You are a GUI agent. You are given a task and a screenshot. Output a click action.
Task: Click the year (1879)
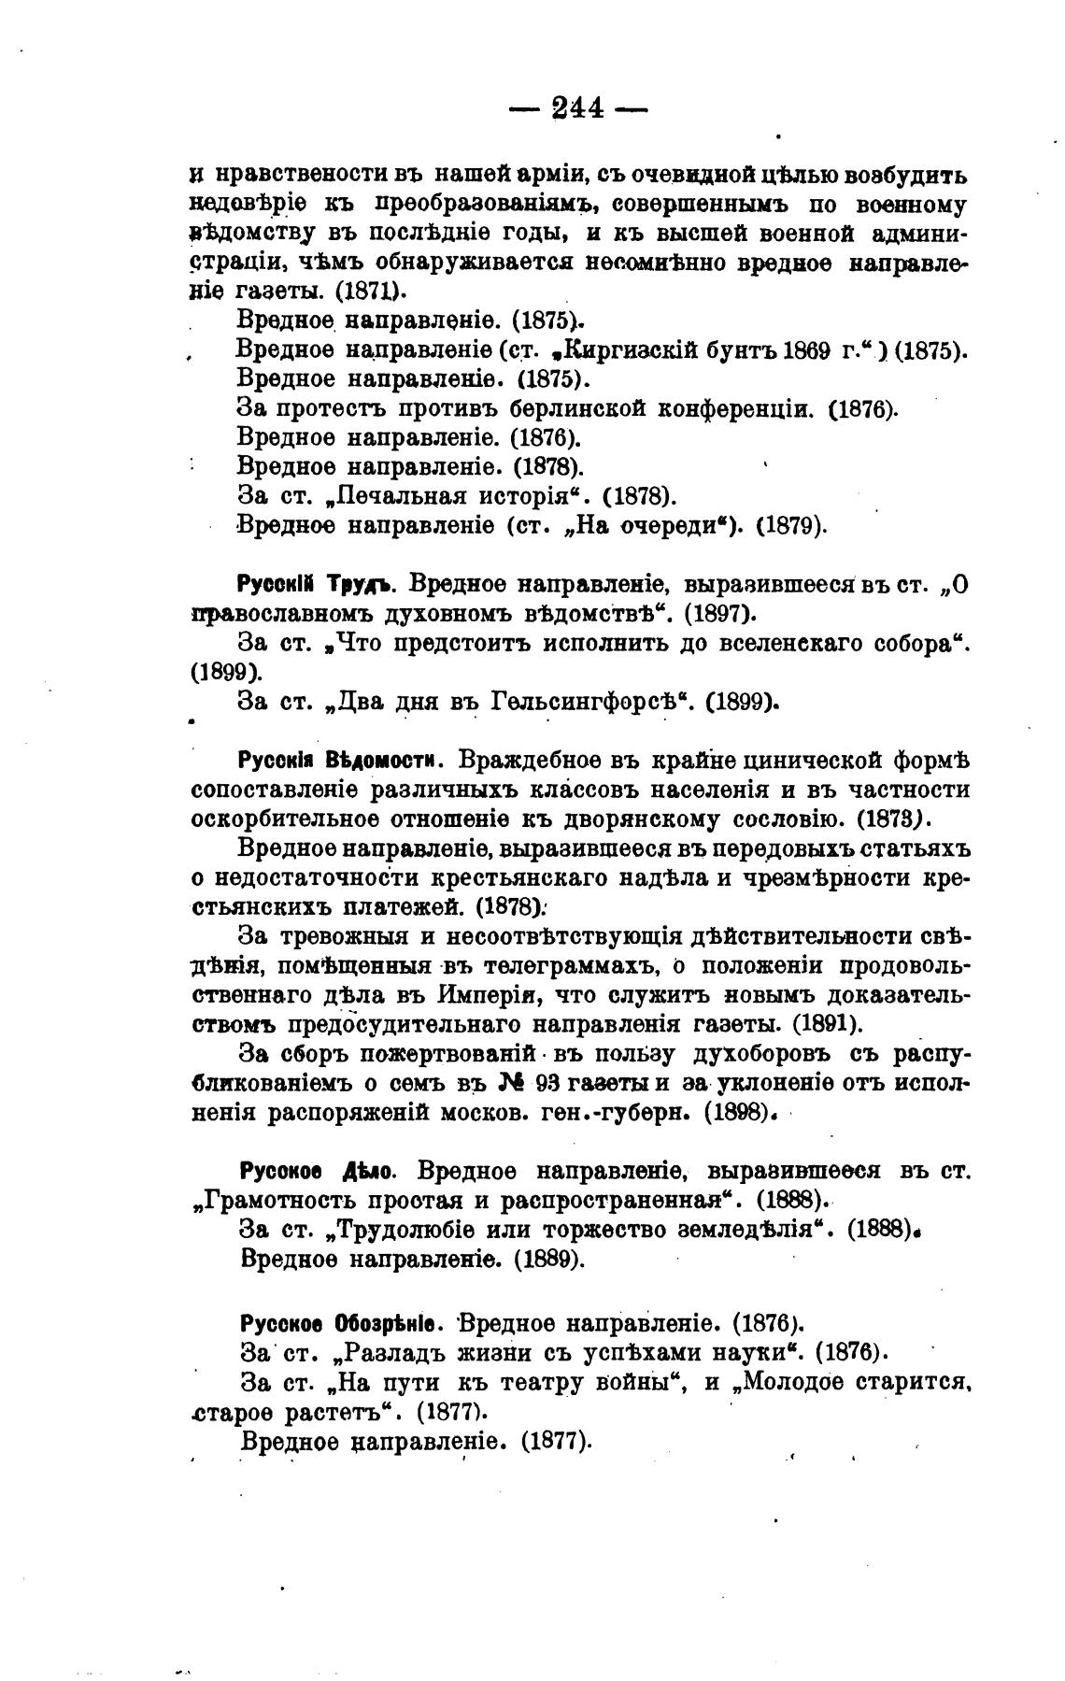[790, 525]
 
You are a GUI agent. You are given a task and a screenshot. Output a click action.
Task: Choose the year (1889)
[549, 1259]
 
